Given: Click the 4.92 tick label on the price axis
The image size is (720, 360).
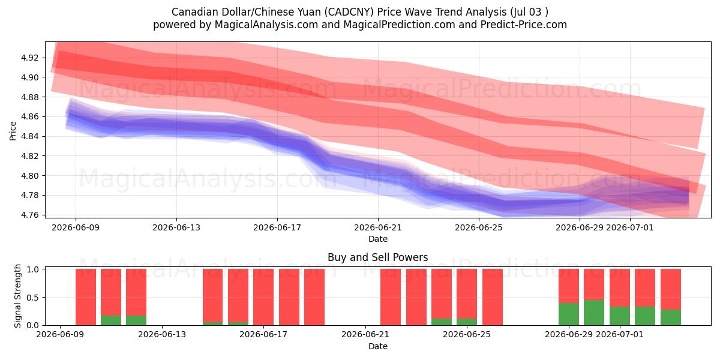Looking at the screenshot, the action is pos(29,58).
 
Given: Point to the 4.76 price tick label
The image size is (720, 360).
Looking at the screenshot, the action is pos(29,215).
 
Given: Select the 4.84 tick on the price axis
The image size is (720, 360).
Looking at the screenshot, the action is pos(29,136).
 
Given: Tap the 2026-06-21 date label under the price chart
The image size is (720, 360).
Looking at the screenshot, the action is pos(378,227).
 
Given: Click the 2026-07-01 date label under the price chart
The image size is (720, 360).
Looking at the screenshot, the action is pos(630,227).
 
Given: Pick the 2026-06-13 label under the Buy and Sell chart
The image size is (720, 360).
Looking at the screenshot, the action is pos(162,335).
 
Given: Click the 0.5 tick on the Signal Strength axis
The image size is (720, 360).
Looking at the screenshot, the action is pos(32,298).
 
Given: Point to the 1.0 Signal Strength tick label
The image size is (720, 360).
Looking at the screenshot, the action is pos(32,269).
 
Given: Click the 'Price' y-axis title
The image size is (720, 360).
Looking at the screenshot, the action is pos(13,131).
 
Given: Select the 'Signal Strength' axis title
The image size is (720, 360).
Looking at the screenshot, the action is pos(17,296).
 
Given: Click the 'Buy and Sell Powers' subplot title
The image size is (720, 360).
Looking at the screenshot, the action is pos(377,257).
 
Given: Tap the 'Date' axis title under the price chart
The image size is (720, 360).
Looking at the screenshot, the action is pos(378,239).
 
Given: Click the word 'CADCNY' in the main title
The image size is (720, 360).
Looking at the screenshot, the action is pos(349,12).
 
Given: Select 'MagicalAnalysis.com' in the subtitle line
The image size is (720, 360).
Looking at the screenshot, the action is pos(266,25).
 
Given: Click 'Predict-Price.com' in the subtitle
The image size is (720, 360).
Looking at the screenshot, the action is pos(524,25).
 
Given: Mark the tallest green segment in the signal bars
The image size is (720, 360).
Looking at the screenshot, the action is pos(594,313).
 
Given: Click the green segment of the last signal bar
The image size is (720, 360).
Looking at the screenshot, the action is pos(671,317).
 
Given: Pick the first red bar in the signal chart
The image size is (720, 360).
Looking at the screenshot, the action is pos(86,297).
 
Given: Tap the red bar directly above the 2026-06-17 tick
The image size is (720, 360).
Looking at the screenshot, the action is pos(263,297).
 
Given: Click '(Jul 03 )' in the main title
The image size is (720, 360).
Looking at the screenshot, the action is pos(529,12).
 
